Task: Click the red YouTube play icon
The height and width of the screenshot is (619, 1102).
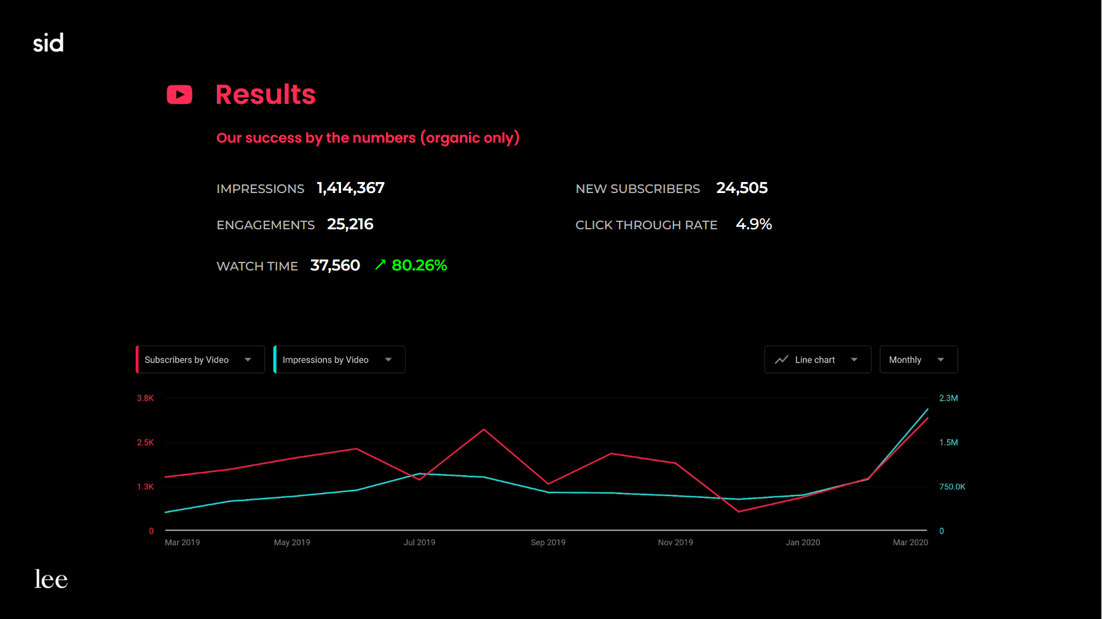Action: click(x=179, y=95)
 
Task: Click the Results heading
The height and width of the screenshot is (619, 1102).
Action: click(x=266, y=95)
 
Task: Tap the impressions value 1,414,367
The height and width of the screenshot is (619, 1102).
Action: click(x=350, y=188)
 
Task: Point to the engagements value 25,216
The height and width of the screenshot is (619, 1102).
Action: click(x=350, y=224)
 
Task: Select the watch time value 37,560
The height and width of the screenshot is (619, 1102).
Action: click(x=335, y=266)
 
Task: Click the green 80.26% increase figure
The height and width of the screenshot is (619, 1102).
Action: click(x=419, y=266)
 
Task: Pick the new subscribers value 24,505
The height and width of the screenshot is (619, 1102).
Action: click(x=742, y=188)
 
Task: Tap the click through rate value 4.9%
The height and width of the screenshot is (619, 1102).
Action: click(x=754, y=224)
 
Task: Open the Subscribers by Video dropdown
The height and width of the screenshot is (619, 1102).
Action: click(x=200, y=360)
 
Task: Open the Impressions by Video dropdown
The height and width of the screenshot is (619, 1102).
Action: click(x=339, y=360)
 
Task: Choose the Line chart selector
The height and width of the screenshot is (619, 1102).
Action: click(x=817, y=360)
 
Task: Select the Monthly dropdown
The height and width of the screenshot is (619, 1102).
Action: click(x=918, y=360)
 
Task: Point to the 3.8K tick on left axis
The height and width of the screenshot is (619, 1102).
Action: click(x=145, y=398)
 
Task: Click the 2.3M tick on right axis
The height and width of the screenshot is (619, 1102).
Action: click(x=948, y=398)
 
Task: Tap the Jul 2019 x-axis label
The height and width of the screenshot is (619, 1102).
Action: click(x=419, y=542)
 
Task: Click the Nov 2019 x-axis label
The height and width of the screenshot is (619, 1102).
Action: click(x=675, y=542)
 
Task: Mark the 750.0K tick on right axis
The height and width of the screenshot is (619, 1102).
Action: click(x=952, y=487)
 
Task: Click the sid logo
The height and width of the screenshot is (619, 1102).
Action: click(x=49, y=43)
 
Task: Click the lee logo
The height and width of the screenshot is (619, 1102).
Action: click(x=51, y=579)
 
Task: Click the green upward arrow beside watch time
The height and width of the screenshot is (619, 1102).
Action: click(x=380, y=264)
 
